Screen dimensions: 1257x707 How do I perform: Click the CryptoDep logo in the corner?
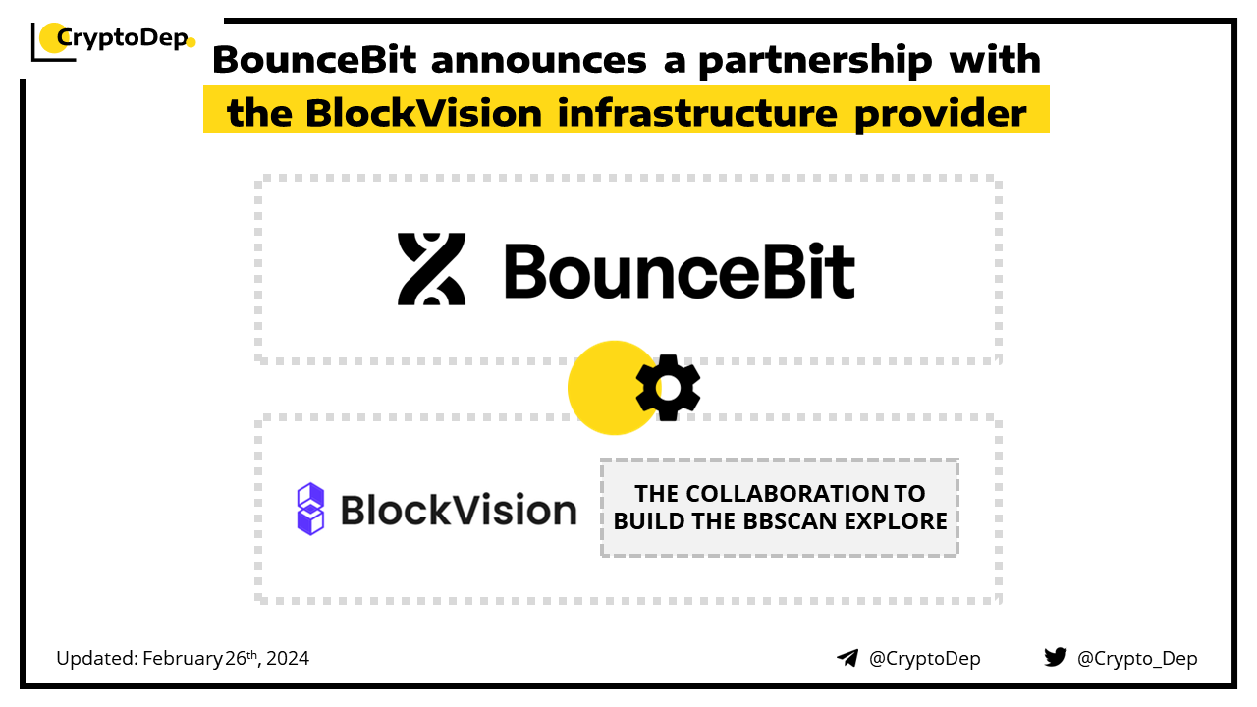[113, 41]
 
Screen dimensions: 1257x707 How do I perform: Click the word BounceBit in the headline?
[315, 60]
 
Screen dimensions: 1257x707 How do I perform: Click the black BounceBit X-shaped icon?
[431, 269]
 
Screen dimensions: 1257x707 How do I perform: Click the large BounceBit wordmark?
[680, 271]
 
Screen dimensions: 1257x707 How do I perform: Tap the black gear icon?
[668, 388]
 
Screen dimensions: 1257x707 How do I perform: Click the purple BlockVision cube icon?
[310, 509]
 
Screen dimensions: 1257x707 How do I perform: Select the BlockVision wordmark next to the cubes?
[459, 510]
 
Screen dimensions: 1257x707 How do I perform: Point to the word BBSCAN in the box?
[791, 521]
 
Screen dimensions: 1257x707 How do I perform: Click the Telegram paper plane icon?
[847, 658]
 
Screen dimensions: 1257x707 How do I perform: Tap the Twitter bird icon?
[1056, 657]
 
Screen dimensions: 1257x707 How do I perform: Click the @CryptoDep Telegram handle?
[925, 659]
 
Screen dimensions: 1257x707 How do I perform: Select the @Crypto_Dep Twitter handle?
[1137, 659]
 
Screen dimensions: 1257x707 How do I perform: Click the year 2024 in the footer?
[288, 658]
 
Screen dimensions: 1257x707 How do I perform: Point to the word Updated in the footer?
[97, 658]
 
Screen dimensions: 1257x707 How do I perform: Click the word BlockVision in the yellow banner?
[423, 113]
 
